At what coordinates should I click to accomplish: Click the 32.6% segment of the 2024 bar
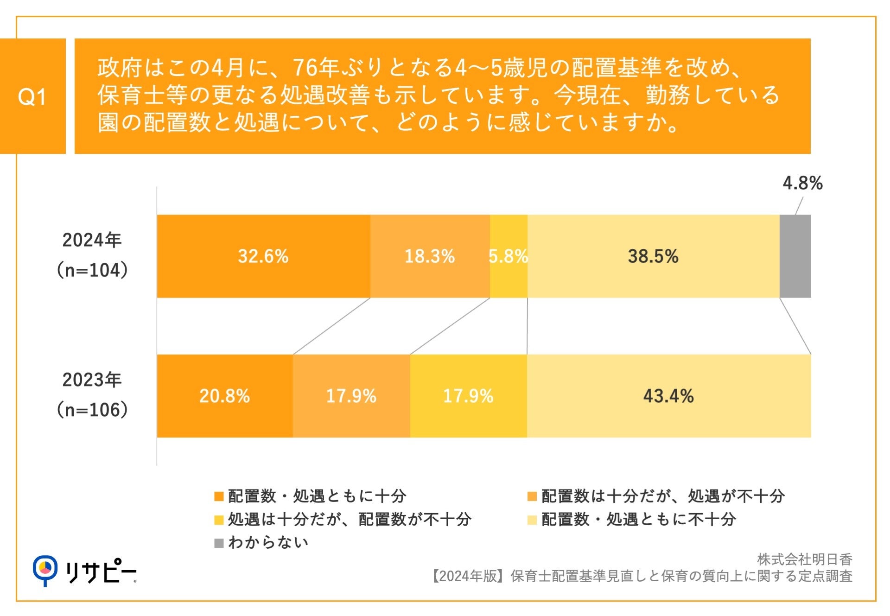pos(263,256)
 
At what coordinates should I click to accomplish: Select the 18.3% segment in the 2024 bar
pos(430,256)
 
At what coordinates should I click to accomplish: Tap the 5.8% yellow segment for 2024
pos(509,256)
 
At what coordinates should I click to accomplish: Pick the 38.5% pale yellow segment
pos(653,256)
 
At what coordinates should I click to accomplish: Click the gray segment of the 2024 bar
pos(795,256)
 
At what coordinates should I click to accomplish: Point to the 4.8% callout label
pos(802,183)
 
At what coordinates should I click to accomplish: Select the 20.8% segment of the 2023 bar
pos(224,396)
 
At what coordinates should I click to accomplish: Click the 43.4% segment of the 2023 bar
pos(668,396)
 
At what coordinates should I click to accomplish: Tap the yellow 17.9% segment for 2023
pos(468,396)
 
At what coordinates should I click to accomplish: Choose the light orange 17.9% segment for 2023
pos(351,396)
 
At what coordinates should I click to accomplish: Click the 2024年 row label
pos(92,240)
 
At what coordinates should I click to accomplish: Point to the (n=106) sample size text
pos(92,410)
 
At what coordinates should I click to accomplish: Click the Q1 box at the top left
pos(32,96)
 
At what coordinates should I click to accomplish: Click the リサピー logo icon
pos(45,570)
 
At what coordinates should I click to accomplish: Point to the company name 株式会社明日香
pos(804,559)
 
